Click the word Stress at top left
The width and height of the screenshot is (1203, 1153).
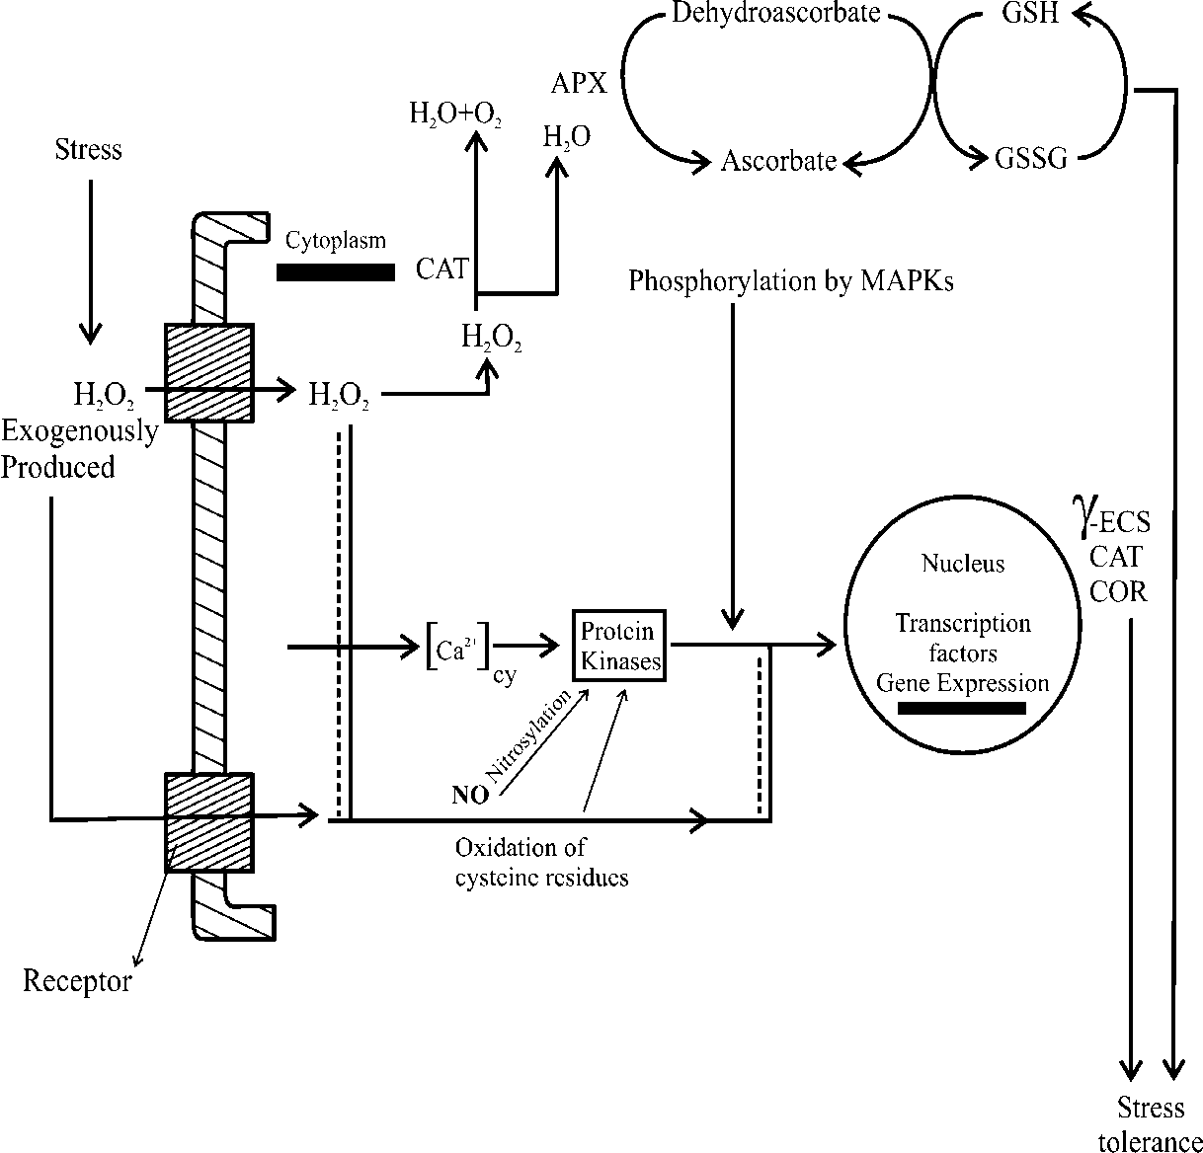click(x=89, y=150)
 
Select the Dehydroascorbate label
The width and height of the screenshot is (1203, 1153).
click(x=775, y=14)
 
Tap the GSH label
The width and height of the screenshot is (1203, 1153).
click(x=1030, y=14)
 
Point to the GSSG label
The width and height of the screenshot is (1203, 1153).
click(x=1032, y=160)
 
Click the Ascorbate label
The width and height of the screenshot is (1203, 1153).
click(x=779, y=161)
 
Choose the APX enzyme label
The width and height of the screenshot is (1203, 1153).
click(x=579, y=83)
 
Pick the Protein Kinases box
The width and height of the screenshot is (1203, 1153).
click(x=620, y=647)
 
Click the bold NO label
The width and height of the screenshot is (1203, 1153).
click(x=470, y=795)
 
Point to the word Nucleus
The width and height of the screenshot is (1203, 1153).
click(x=963, y=564)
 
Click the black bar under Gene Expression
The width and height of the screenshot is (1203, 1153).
click(x=961, y=708)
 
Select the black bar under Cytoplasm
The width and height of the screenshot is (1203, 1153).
click(x=336, y=272)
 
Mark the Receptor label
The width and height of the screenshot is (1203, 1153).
click(x=77, y=981)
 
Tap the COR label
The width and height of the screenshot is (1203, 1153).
click(x=1118, y=591)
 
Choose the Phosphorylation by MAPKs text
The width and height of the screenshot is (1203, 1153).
click(x=792, y=282)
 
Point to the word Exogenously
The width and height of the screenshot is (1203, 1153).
click(x=79, y=432)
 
